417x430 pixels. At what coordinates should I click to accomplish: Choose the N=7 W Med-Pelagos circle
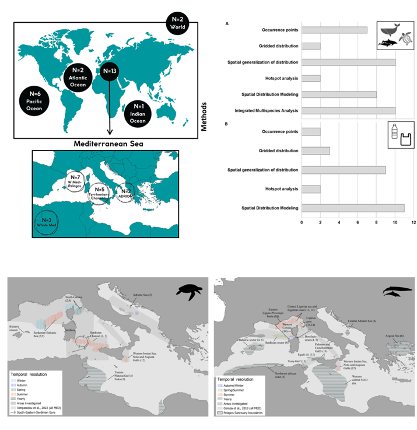(76, 179)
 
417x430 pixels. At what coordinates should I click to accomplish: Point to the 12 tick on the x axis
(414, 222)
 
